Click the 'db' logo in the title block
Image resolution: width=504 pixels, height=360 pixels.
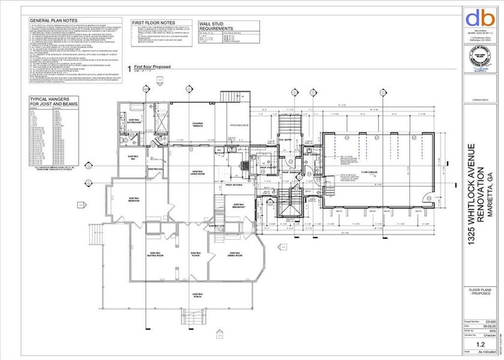[481, 17]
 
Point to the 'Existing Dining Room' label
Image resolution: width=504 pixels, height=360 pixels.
[234, 254]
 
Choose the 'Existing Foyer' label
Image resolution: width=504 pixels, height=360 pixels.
[195, 254]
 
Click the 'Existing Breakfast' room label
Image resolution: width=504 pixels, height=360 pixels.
[239, 206]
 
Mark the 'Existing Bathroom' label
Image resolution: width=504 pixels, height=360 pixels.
[133, 121]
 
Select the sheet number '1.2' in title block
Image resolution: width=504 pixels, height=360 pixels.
[480, 344]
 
